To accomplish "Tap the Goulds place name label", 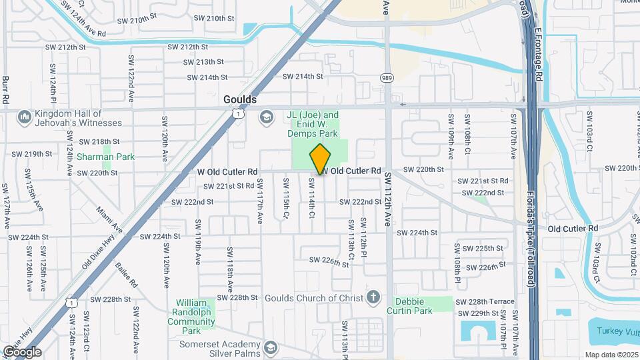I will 239,99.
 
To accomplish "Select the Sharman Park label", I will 105,157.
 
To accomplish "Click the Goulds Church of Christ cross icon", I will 374,297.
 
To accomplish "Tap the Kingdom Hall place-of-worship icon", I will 25,117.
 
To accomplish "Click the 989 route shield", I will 387,78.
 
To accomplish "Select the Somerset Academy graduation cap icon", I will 270,348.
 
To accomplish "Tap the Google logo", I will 21,351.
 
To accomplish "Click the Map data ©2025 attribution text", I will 611,355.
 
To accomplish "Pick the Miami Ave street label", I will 108,219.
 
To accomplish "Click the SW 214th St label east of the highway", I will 303,77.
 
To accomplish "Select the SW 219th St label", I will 29,154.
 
